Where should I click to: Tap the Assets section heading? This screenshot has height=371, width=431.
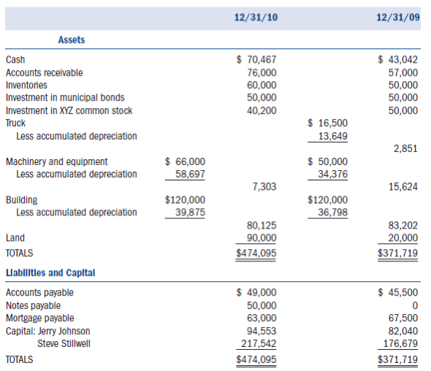click(71, 40)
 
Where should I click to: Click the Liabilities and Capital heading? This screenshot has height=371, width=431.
click(50, 273)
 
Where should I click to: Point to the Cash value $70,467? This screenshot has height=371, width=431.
click(257, 60)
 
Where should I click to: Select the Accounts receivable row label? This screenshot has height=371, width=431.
click(44, 72)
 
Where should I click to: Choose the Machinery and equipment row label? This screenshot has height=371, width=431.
click(56, 161)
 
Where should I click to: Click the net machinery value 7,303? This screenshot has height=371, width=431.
click(264, 187)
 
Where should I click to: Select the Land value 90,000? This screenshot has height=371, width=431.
click(262, 237)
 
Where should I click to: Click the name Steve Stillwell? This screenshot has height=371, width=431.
click(64, 343)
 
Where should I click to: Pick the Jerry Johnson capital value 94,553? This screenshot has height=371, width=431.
click(262, 330)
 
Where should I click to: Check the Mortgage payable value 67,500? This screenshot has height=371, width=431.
click(403, 318)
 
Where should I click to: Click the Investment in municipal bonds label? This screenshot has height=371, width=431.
click(65, 98)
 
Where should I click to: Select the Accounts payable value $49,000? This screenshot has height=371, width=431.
click(257, 292)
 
